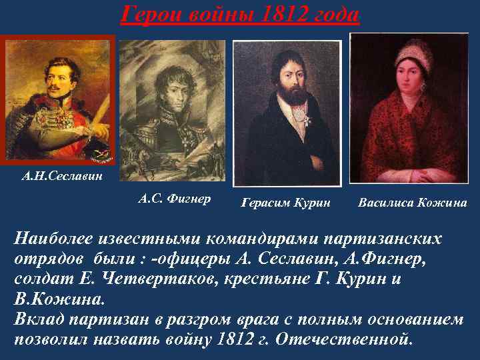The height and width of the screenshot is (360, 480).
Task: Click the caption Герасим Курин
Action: [x=285, y=202]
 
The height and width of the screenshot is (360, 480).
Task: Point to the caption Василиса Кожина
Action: [x=412, y=202]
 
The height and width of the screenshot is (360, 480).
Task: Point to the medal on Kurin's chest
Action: [x=295, y=123]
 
